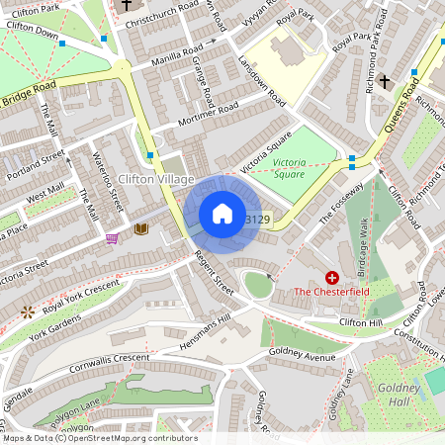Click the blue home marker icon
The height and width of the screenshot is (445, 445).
(x=222, y=214)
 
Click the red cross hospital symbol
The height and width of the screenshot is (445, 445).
(x=332, y=280)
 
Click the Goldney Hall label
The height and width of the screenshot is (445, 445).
(x=405, y=396)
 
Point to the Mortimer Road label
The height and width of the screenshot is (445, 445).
(x=209, y=115)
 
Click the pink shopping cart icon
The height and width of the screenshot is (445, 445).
(x=112, y=238)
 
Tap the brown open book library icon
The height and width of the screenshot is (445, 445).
(x=140, y=228)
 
